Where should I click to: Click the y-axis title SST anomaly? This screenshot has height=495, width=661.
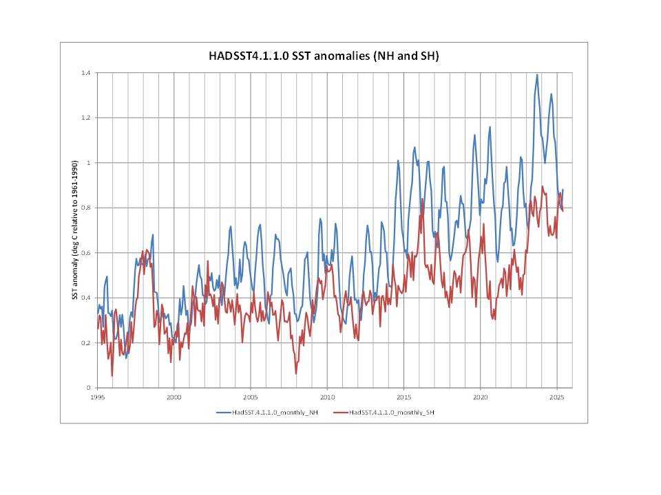pyautogui.click(x=74, y=230)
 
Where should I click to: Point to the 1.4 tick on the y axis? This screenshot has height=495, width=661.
pyautogui.click(x=87, y=72)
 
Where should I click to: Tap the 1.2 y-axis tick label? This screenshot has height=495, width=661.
pyautogui.click(x=87, y=118)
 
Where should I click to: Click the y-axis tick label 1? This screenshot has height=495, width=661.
pyautogui.click(x=90, y=163)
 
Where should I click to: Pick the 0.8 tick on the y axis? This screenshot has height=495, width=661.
pyautogui.click(x=87, y=208)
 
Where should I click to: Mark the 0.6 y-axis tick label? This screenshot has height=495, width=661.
pyautogui.click(x=87, y=253)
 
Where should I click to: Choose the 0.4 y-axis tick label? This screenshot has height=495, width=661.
pyautogui.click(x=87, y=298)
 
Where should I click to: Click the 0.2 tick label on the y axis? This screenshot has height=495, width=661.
pyautogui.click(x=87, y=343)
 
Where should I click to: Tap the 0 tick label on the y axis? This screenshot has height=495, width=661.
pyautogui.click(x=90, y=388)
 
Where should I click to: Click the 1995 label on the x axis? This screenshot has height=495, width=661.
pyautogui.click(x=98, y=397)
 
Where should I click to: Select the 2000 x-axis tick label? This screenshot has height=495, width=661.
pyautogui.click(x=174, y=397)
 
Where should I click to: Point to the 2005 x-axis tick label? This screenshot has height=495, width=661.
pyautogui.click(x=251, y=397)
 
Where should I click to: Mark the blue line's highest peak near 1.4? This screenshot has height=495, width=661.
pyautogui.click(x=537, y=75)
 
